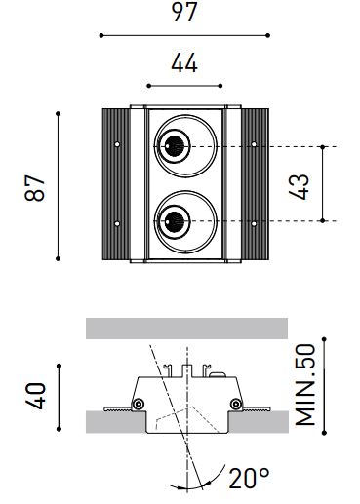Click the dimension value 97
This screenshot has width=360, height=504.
point(184,12)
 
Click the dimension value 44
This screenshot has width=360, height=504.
point(184,62)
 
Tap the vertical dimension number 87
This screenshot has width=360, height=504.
point(34,188)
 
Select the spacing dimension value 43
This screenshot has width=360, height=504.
point(299,186)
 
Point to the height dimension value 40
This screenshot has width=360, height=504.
point(35,396)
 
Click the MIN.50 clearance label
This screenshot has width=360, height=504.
point(305,385)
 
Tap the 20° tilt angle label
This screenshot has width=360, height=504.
point(249,479)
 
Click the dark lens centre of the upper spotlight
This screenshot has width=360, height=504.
point(175,145)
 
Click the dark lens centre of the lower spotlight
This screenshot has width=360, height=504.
point(175,222)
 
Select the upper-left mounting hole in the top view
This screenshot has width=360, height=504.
point(117,144)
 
